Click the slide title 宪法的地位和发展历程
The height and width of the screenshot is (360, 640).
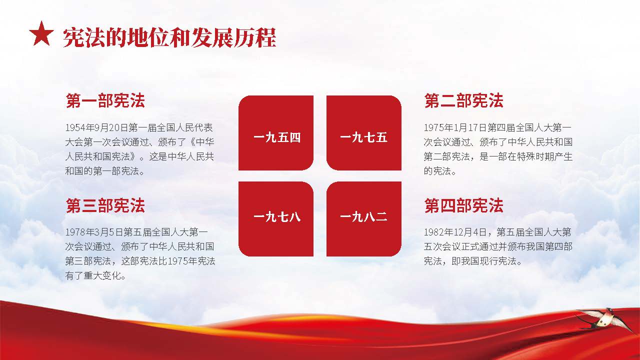coord(169,37)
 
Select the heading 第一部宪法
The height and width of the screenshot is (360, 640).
coord(105,100)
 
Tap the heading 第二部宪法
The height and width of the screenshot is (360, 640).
coord(463,100)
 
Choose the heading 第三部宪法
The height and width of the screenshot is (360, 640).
coord(105,205)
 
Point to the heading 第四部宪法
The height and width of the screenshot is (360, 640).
coord(463,205)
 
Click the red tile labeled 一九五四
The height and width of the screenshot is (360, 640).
coord(276,133)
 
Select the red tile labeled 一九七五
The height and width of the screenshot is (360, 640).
coord(364,133)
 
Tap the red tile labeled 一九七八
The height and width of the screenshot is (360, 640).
coord(276,219)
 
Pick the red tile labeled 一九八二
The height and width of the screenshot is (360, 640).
coord(364,219)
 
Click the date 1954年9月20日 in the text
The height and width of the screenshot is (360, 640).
coord(96,127)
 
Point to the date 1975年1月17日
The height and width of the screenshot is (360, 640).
coord(455,127)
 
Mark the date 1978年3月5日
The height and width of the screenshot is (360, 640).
coord(94,232)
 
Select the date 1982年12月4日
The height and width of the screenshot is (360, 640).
coord(455,232)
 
